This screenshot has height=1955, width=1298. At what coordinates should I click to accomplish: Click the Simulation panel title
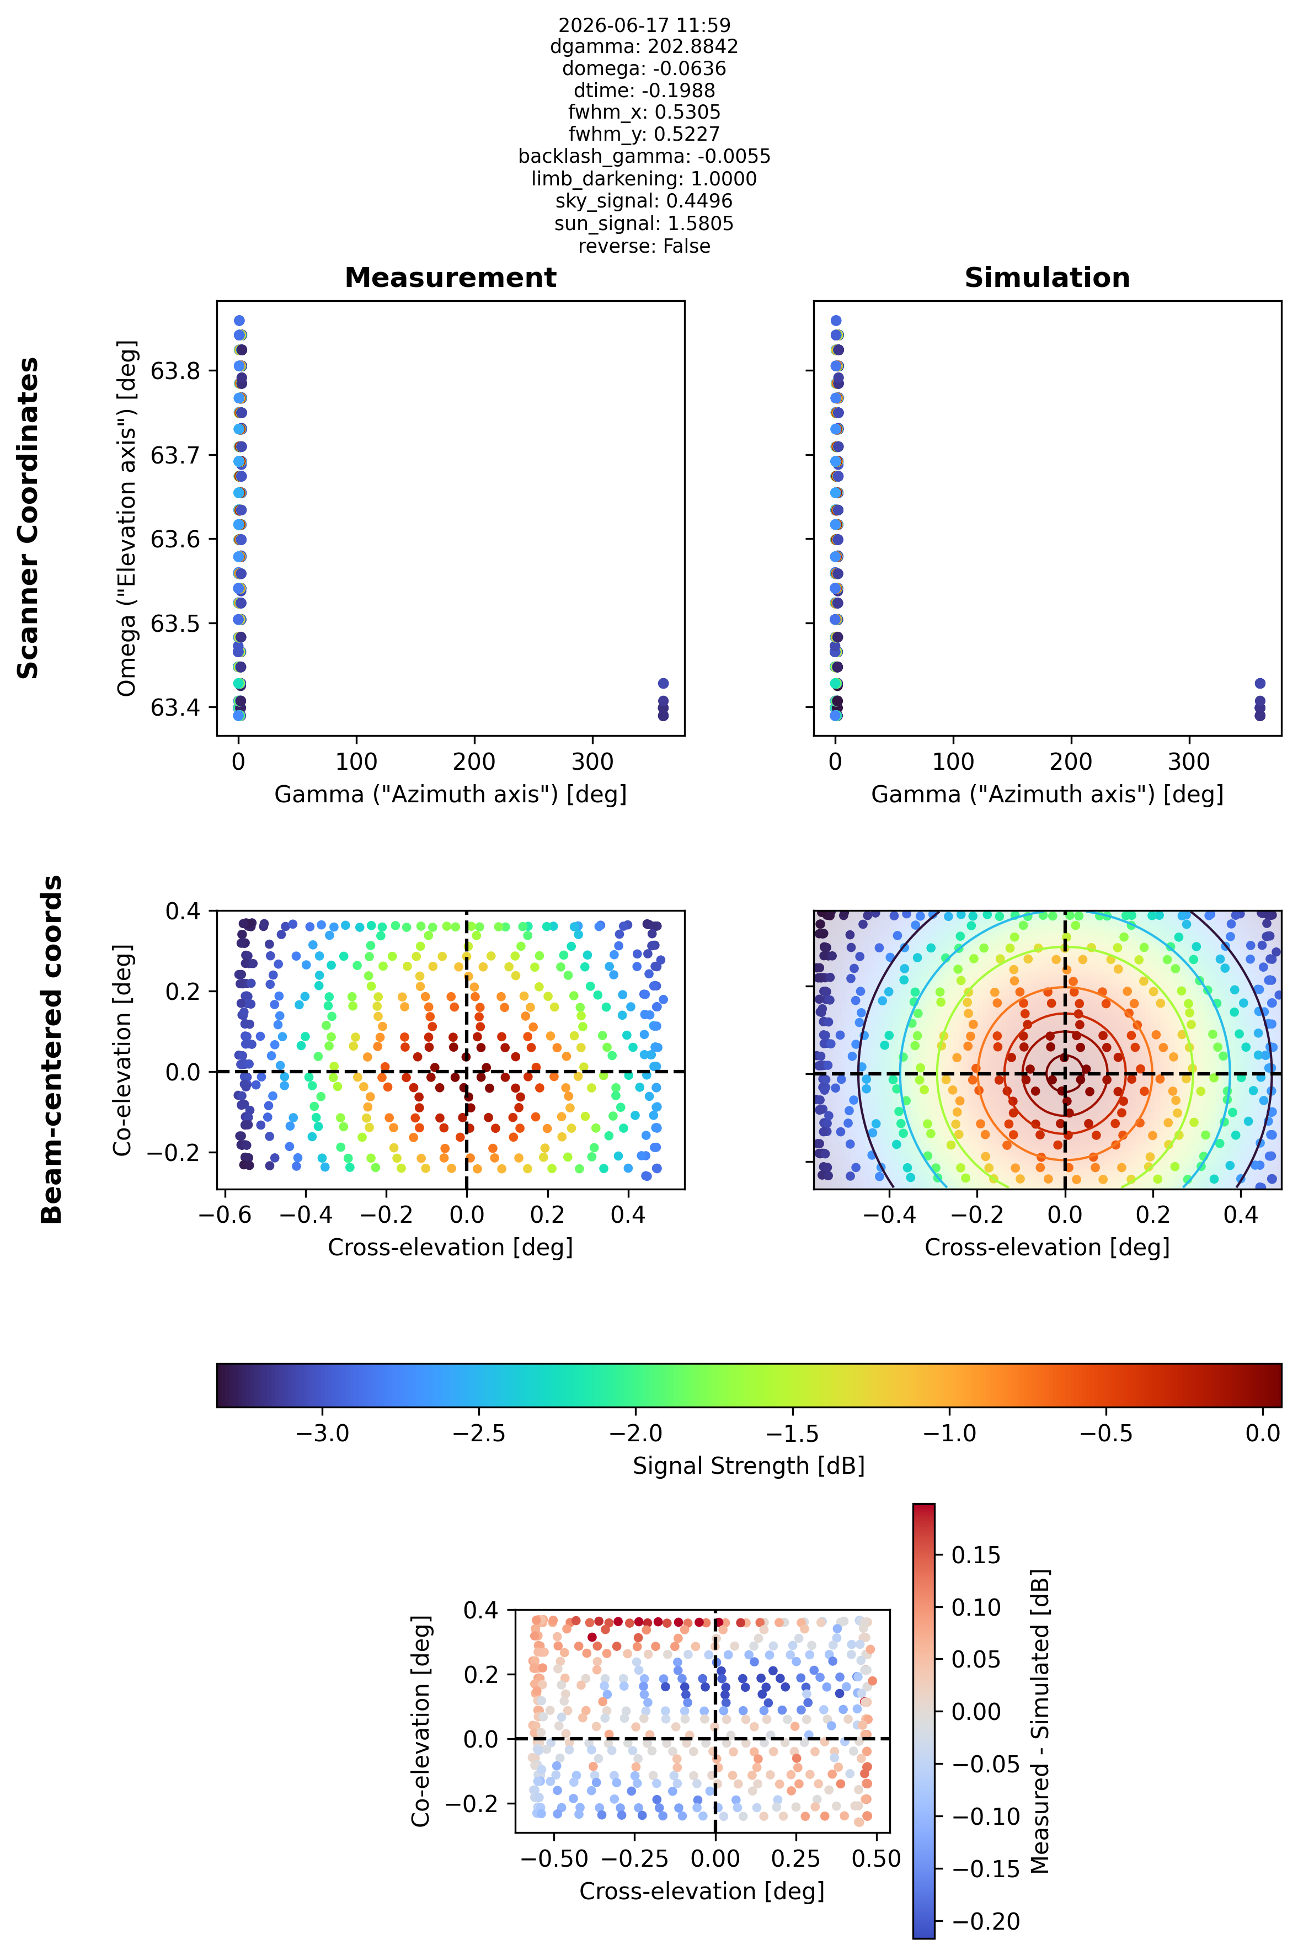pos(1047,278)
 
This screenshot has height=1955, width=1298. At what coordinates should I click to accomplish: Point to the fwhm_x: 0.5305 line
pos(644,112)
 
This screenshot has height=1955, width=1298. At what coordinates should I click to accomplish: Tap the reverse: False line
pos(644,246)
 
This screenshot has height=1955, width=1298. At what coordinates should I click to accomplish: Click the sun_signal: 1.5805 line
pos(644,223)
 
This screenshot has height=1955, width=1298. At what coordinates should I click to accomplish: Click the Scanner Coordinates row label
pos(28,518)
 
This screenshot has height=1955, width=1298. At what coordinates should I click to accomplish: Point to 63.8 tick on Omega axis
pos(175,370)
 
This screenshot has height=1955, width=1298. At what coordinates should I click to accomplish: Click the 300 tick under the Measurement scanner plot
pos(592,762)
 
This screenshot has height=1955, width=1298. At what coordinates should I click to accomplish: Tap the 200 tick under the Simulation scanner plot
pos(1071,762)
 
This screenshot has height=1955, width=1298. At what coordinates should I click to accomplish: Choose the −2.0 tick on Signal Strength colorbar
pos(635,1434)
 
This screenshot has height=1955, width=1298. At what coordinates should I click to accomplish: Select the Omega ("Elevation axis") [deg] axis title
pos(127,518)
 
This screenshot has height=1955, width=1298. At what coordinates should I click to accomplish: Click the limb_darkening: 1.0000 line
pos(644,179)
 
